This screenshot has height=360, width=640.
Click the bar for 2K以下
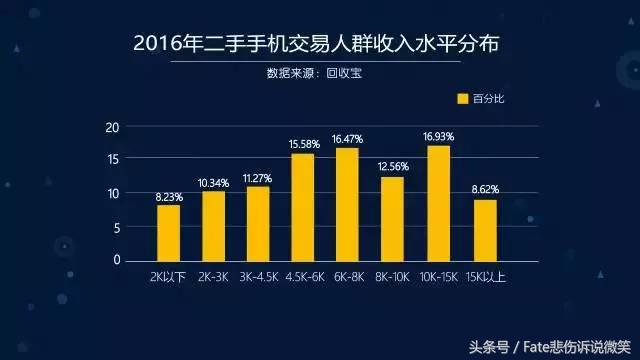(x=168, y=232)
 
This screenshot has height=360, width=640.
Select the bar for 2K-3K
(x=213, y=225)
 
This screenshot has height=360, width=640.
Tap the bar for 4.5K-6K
(x=302, y=207)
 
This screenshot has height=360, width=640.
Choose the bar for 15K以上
(x=484, y=230)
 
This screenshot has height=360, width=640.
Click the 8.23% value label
(x=168, y=198)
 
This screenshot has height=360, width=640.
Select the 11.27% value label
(x=258, y=179)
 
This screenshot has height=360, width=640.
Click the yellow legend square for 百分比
(x=463, y=98)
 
